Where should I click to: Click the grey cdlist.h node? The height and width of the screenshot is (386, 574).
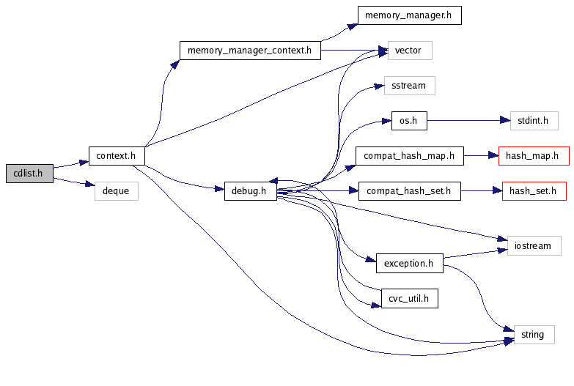tap(29, 174)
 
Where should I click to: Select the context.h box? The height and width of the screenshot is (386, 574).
tap(116, 156)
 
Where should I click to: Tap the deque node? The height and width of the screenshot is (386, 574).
tap(116, 191)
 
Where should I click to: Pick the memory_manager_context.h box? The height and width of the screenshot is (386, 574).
tap(250, 51)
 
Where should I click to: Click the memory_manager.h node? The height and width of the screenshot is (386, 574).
tap(409, 15)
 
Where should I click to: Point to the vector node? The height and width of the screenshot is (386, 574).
tap(409, 51)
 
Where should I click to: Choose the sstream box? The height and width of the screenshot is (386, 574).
tap(409, 86)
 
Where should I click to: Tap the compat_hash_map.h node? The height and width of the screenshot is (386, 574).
tap(409, 156)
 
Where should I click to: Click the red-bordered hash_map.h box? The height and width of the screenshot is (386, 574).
tap(533, 156)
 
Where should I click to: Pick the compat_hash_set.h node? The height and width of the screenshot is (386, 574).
tap(409, 191)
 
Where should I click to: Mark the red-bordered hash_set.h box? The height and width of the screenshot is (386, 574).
tap(533, 191)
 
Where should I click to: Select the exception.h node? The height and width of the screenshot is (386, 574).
tap(409, 263)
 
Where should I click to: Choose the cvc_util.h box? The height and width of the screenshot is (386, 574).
tap(409, 298)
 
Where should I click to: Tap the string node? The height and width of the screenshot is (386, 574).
tap(533, 334)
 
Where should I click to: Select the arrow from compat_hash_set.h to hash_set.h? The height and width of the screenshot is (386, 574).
tap(481, 191)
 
